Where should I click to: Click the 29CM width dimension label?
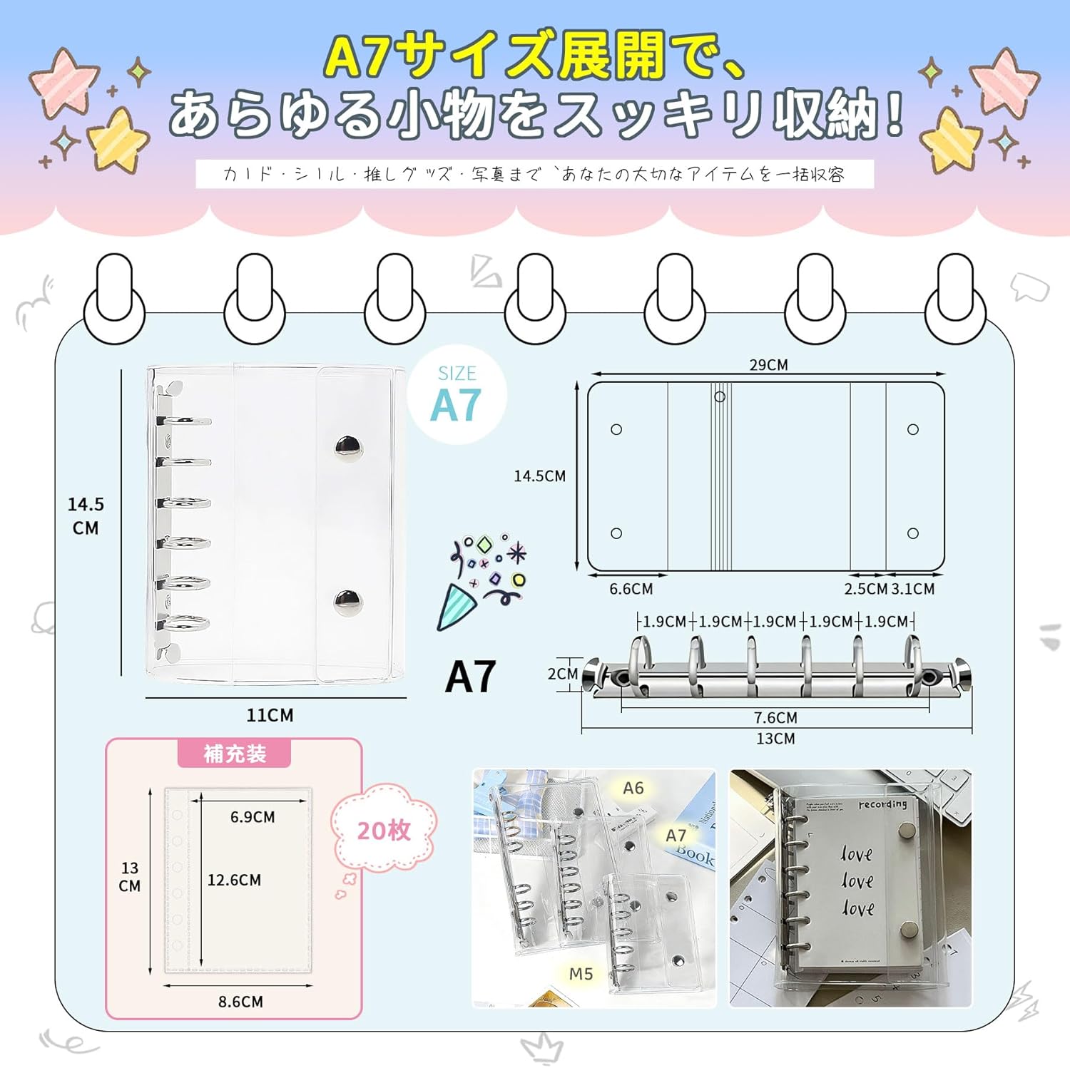click(x=768, y=364)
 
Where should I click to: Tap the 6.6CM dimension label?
click(x=631, y=589)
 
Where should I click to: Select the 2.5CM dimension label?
click(x=865, y=589)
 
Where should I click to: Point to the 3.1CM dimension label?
click(x=913, y=589)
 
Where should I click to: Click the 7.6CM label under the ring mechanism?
click(x=775, y=717)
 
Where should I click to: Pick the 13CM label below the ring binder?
click(x=775, y=739)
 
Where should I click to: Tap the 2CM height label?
click(x=562, y=674)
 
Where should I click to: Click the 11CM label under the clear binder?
click(x=270, y=715)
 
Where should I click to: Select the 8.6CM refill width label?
click(x=240, y=1002)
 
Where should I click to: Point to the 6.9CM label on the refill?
click(x=253, y=817)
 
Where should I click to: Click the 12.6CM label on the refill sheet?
click(x=234, y=880)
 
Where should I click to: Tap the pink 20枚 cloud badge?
click(x=384, y=830)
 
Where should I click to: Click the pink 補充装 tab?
click(x=235, y=754)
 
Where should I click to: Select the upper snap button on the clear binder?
click(x=349, y=447)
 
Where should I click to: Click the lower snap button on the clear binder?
click(x=348, y=602)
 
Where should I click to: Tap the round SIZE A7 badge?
click(x=457, y=395)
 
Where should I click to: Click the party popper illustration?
click(x=481, y=581)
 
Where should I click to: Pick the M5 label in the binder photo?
click(x=581, y=974)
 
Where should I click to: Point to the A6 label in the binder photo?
click(x=633, y=788)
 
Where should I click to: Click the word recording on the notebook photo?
click(x=882, y=804)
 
